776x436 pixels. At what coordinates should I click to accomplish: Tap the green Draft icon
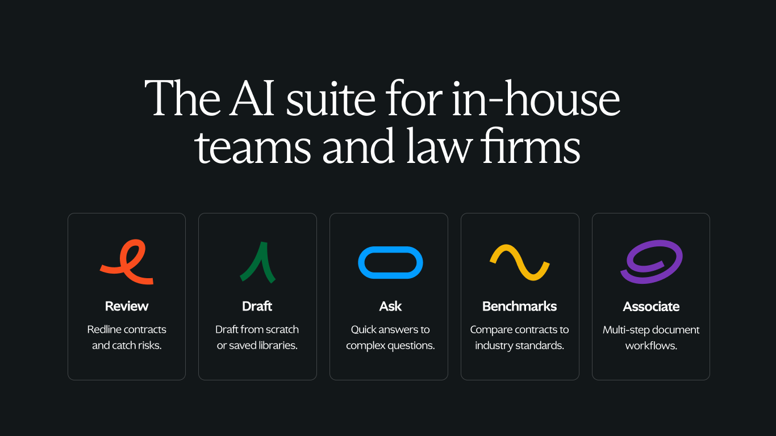pyautogui.click(x=263, y=256)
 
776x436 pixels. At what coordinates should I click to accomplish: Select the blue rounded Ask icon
pyautogui.click(x=390, y=248)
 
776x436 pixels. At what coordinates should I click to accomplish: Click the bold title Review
pyautogui.click(x=127, y=306)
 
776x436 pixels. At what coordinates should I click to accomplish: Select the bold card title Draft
pyautogui.click(x=257, y=306)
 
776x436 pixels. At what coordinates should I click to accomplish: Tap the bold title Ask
pyautogui.click(x=390, y=306)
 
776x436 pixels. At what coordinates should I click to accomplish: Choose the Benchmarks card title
pyautogui.click(x=520, y=306)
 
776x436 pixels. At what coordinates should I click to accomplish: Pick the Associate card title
pyautogui.click(x=651, y=307)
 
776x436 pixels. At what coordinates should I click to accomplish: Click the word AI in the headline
pyautogui.click(x=252, y=98)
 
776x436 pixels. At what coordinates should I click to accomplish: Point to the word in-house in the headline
pyautogui.click(x=536, y=98)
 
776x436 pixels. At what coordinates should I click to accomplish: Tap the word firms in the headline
pyautogui.click(x=531, y=146)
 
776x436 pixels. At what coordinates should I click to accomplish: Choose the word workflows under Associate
pyautogui.click(x=651, y=346)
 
